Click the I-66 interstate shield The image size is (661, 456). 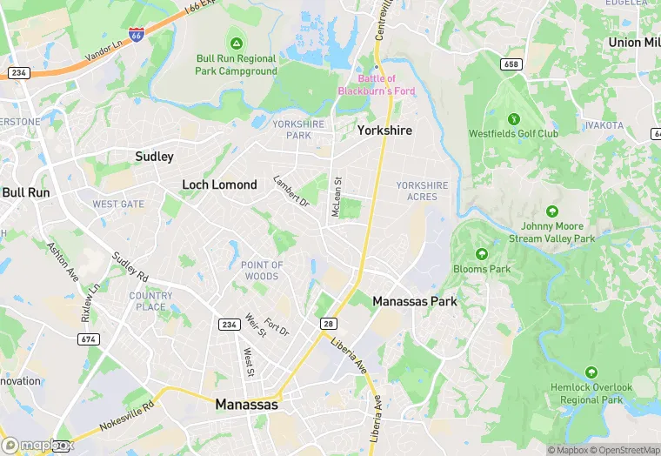pyautogui.click(x=137, y=35)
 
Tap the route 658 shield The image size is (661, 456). pyautogui.click(x=511, y=64)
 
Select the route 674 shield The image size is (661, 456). pyautogui.click(x=88, y=339)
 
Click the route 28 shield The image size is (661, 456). pyautogui.click(x=328, y=324)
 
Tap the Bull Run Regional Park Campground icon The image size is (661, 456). pyautogui.click(x=236, y=43)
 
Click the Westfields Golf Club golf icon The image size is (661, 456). pyautogui.click(x=513, y=118)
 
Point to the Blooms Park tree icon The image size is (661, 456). pyautogui.click(x=482, y=254)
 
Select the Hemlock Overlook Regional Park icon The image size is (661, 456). pyautogui.click(x=591, y=372)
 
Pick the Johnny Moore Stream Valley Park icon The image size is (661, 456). pyautogui.click(x=551, y=211)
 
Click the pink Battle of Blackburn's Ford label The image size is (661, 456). pyautogui.click(x=377, y=85)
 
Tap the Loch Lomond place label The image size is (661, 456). pyautogui.click(x=219, y=184)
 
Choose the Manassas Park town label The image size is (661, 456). pyautogui.click(x=415, y=301)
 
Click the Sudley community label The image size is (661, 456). pyautogui.click(x=154, y=157)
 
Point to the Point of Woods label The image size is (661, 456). pyautogui.click(x=262, y=271)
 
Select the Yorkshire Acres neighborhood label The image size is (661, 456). pyautogui.click(x=422, y=191)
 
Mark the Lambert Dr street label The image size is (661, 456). pyautogui.click(x=290, y=191)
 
